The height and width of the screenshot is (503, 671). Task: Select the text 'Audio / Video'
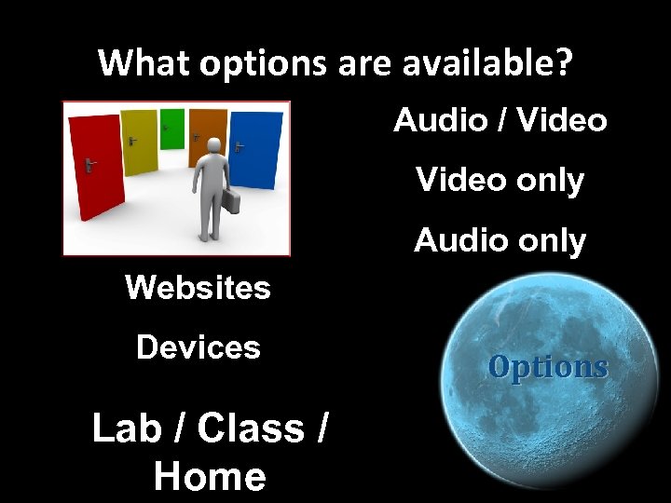pyautogui.click(x=500, y=120)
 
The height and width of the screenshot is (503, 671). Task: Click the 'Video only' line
pyautogui.click(x=500, y=180)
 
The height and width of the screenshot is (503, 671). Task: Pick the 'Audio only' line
pyautogui.click(x=500, y=240)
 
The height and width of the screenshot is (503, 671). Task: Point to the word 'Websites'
pyautogui.click(x=198, y=287)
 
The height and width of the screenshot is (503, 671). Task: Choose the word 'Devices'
pyautogui.click(x=198, y=347)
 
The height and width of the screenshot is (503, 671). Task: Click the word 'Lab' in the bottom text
pyautogui.click(x=127, y=428)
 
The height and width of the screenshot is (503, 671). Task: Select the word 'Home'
pyautogui.click(x=210, y=476)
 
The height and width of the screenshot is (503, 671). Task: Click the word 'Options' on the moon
pyautogui.click(x=548, y=367)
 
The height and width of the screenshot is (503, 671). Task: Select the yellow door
pyautogui.click(x=140, y=142)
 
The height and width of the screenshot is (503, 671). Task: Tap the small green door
pyautogui.click(x=171, y=128)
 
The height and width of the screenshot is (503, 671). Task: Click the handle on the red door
pyautogui.click(x=89, y=165)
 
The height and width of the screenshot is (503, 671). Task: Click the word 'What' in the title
pyautogui.click(x=135, y=63)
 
